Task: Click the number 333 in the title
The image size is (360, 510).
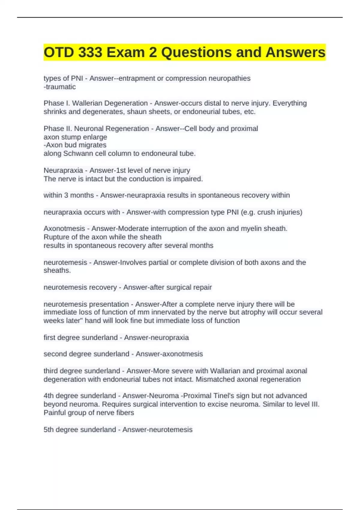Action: [x=90, y=52]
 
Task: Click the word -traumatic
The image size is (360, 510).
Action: [x=60, y=87]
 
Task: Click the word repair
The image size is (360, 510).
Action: [x=202, y=287]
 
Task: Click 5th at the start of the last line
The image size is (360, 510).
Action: [x=49, y=430]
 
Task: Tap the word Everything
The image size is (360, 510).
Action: [x=289, y=103]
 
